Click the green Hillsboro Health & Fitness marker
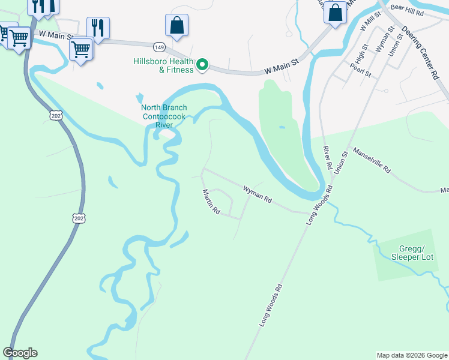tap(203, 65)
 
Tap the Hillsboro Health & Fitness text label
tap(163, 65)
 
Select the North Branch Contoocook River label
tap(164, 116)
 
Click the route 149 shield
tap(159, 46)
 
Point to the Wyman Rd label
tap(258, 194)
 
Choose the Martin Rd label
tap(211, 202)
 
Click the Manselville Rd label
tap(372, 160)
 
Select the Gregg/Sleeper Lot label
tap(412, 253)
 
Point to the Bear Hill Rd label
tap(424, 12)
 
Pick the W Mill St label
tap(366, 25)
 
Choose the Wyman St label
tap(381, 43)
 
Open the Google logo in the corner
tap(20, 353)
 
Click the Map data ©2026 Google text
tap(411, 355)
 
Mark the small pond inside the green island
tap(282, 128)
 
